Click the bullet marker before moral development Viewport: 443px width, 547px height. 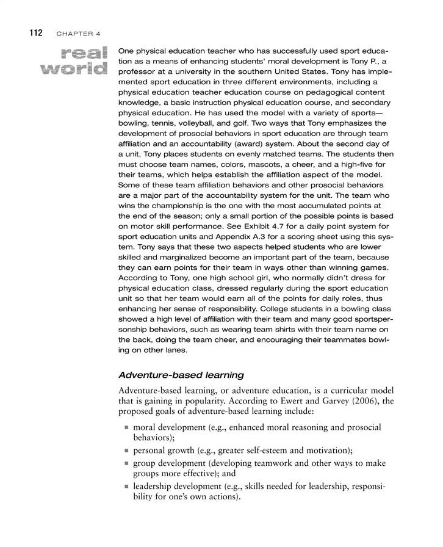pyautogui.click(x=127, y=428)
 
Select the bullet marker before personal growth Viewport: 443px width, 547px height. pyautogui.click(x=127, y=452)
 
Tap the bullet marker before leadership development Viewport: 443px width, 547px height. pyautogui.click(x=127, y=487)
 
